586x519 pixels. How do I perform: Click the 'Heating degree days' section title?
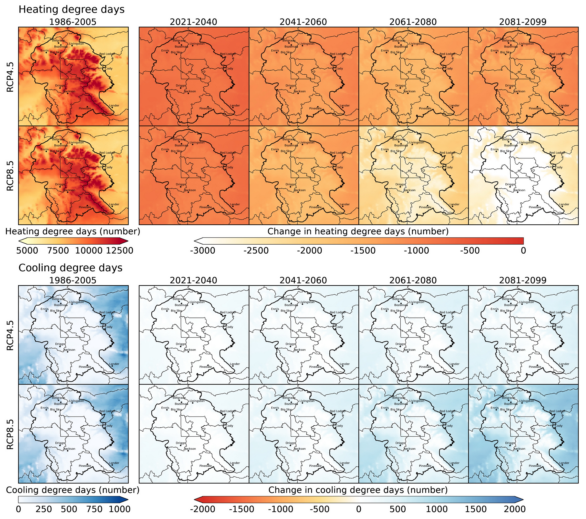point(71,10)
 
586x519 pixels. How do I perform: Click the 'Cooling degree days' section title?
point(70,268)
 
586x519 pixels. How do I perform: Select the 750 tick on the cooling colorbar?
point(94,509)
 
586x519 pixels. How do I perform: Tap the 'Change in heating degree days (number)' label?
point(358,231)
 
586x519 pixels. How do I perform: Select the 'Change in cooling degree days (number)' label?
point(358,490)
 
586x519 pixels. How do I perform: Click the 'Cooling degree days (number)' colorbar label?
point(73,490)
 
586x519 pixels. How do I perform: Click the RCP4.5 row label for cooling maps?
point(10,335)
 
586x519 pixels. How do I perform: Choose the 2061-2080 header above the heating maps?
point(413,22)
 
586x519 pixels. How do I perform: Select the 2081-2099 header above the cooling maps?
point(523,280)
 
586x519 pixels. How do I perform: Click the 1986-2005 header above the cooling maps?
point(73,280)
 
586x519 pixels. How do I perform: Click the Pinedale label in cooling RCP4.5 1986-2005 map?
point(85,367)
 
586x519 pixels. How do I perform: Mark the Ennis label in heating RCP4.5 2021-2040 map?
point(165,51)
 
